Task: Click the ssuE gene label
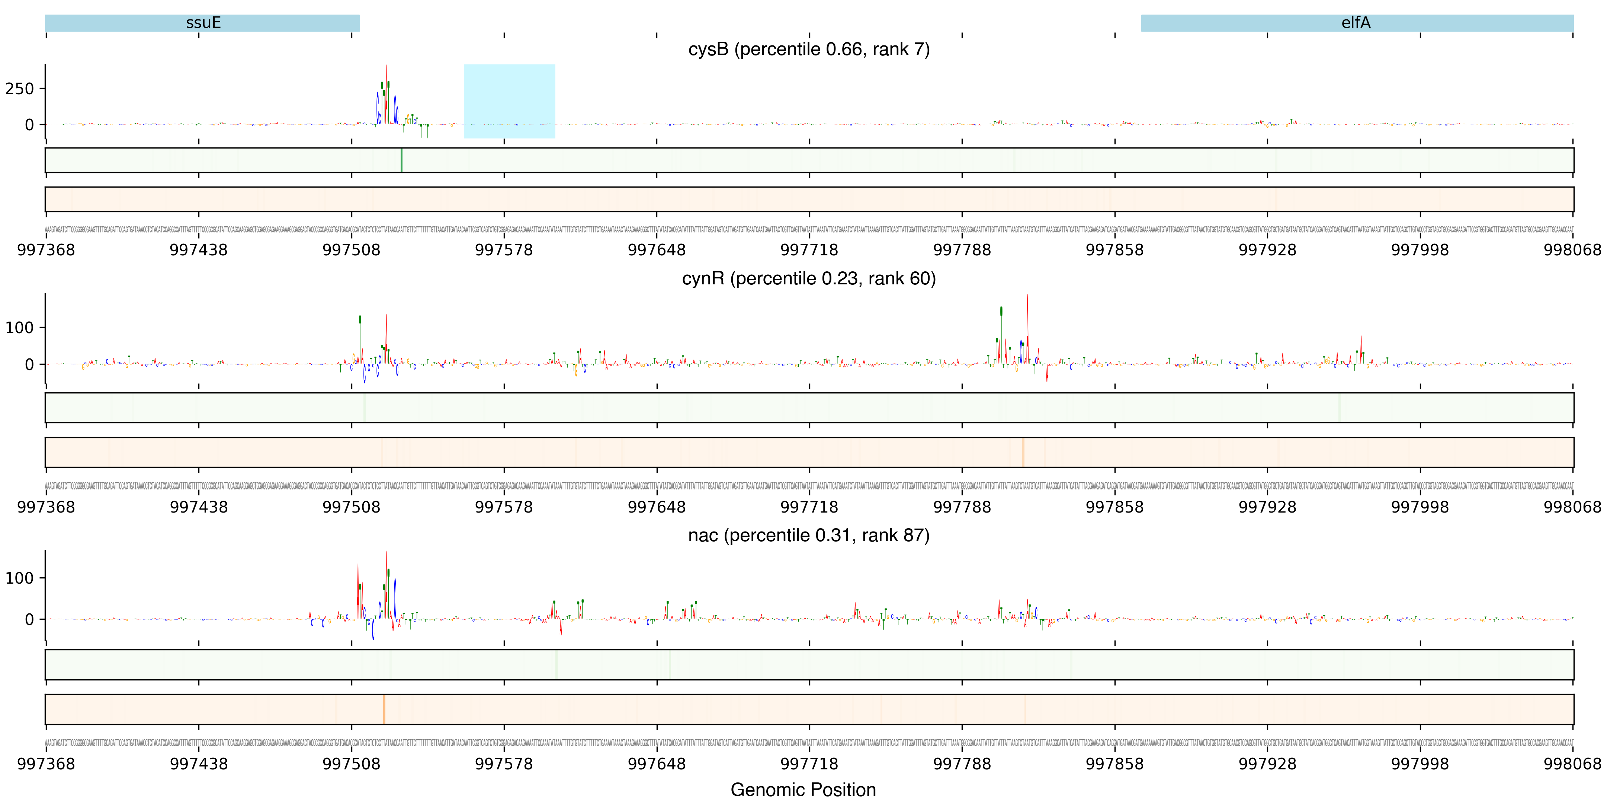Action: click(203, 23)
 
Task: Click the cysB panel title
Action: click(808, 49)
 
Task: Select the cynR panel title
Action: click(808, 278)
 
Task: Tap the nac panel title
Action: click(808, 536)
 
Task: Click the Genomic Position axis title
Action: click(803, 789)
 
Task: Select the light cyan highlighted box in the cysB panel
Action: click(509, 101)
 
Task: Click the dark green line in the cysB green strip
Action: click(401, 160)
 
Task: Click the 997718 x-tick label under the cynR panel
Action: click(809, 507)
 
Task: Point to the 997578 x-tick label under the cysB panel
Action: click(504, 250)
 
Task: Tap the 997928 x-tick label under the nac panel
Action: click(1267, 764)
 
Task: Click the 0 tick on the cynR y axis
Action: click(29, 364)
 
